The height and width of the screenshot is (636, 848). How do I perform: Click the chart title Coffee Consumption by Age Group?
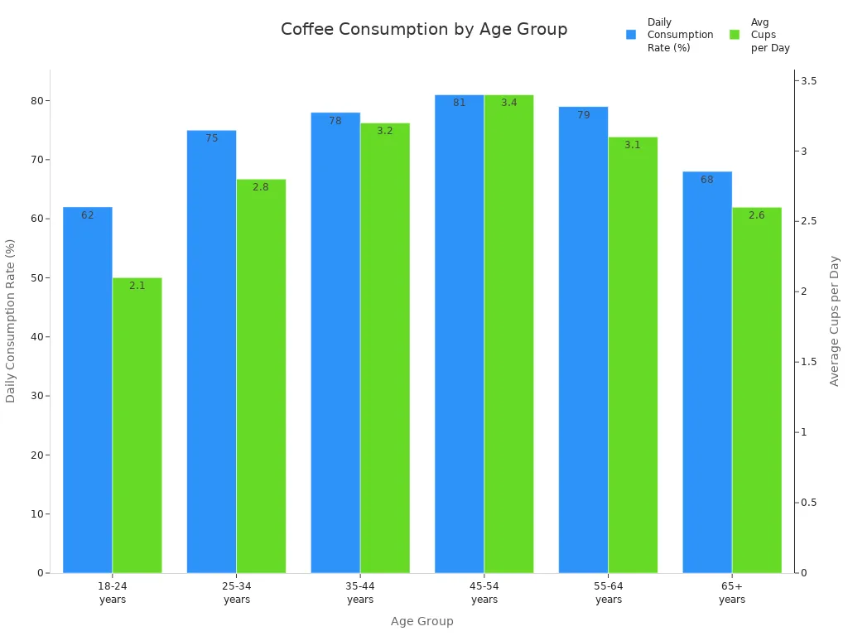pos(424,30)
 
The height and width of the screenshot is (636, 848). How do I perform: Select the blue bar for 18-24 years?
pos(88,389)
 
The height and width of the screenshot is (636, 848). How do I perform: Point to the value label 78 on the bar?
pos(335,121)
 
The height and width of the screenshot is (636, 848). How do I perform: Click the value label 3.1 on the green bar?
pos(633,145)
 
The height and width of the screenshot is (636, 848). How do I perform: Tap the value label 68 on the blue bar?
pos(707,180)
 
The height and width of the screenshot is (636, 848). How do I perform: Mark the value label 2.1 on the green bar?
pos(137,286)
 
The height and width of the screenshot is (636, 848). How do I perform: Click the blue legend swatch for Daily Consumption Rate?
pos(631,35)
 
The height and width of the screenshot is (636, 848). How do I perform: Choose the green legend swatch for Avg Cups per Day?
pos(735,35)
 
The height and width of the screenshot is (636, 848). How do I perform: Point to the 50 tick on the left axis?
pos(36,278)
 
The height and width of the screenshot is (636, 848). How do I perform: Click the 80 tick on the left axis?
pos(36,101)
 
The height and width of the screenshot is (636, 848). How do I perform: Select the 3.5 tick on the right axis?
pos(809,81)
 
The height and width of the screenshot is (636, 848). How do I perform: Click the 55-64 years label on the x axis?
pos(609,593)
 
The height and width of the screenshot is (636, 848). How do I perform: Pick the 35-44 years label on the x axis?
pos(360,593)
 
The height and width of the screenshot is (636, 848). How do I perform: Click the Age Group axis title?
pos(422,621)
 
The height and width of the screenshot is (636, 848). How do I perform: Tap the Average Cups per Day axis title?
pos(835,320)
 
